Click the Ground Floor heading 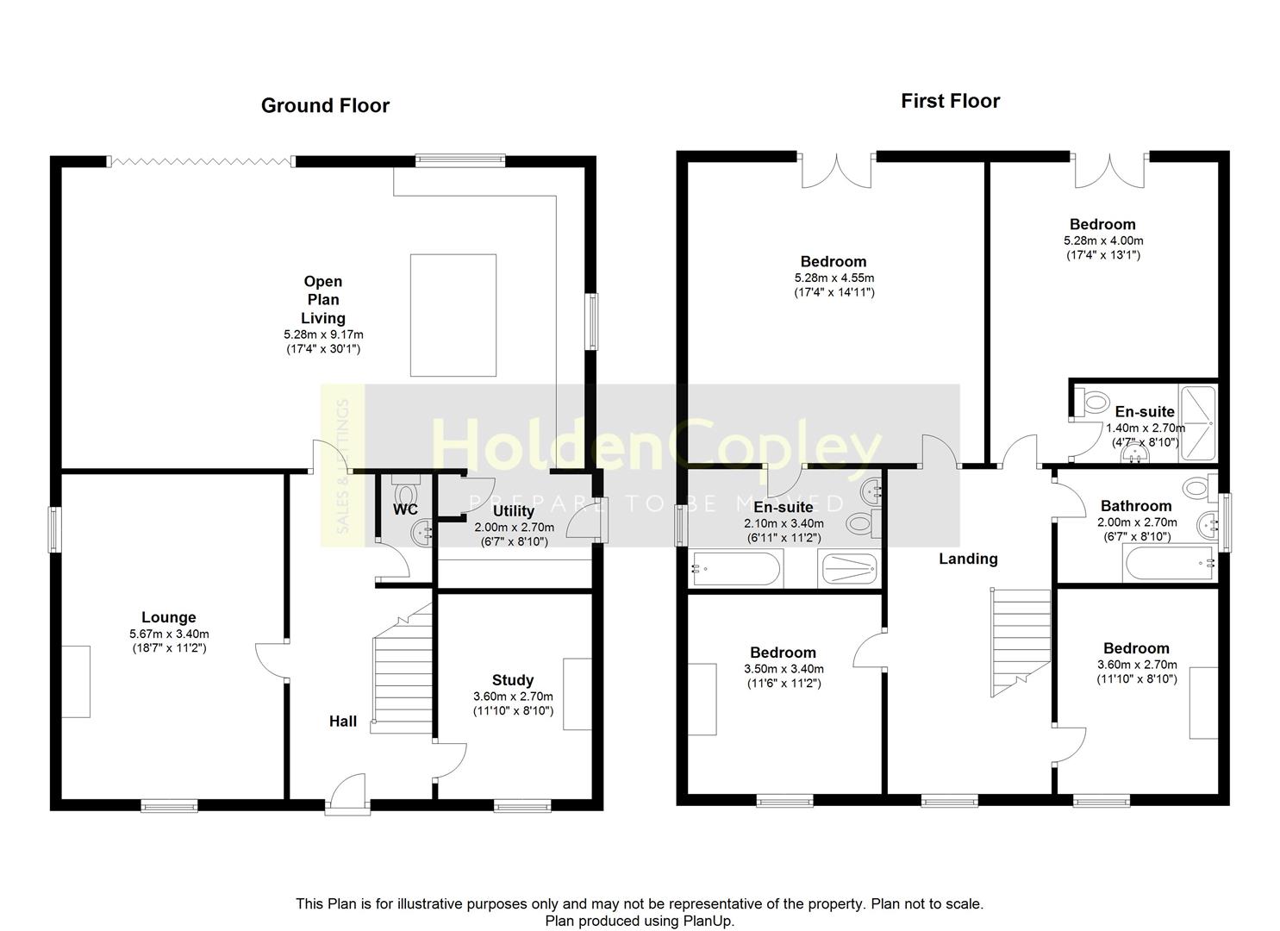(325, 106)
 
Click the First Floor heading (950, 101)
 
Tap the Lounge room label (169, 617)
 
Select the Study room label (513, 680)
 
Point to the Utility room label (513, 511)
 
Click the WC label (405, 509)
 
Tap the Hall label (343, 722)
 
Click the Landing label (968, 559)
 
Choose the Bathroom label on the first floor (1136, 506)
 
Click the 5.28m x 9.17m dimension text (323, 335)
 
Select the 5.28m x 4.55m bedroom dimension (834, 278)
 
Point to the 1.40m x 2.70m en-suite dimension (1146, 428)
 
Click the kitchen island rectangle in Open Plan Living (453, 316)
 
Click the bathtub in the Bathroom (1169, 564)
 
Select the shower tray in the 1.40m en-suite (1198, 423)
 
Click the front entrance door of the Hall (348, 792)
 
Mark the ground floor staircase (402, 669)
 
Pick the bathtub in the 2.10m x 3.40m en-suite (736, 569)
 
